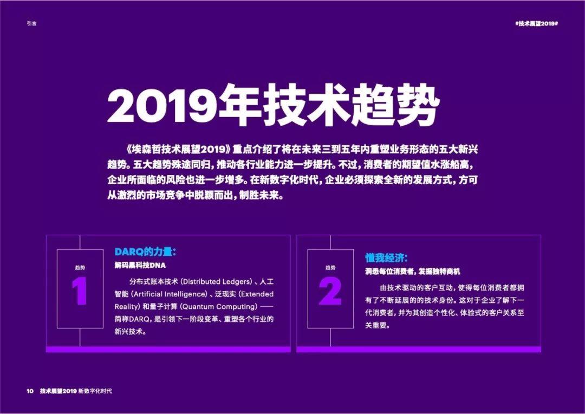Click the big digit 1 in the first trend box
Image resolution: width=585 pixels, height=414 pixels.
coord(80,291)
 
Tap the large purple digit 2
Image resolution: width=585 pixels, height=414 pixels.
coord(330,292)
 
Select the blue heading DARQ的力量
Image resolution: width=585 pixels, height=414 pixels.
coord(145,252)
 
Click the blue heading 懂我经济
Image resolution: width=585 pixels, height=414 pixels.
coord(386,258)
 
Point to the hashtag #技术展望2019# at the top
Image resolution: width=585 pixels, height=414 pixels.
coord(536,23)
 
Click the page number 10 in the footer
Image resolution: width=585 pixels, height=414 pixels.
coord(30,391)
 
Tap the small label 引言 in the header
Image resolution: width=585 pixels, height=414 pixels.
coord(32,23)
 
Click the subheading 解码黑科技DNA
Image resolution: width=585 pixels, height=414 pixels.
coord(140,266)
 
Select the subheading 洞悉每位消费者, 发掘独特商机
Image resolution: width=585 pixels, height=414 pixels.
coord(413,272)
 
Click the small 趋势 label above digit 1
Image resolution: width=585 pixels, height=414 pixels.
coord(80,268)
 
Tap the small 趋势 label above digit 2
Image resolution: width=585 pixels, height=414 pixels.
coord(330,268)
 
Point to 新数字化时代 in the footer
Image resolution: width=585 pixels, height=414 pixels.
coord(95,391)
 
